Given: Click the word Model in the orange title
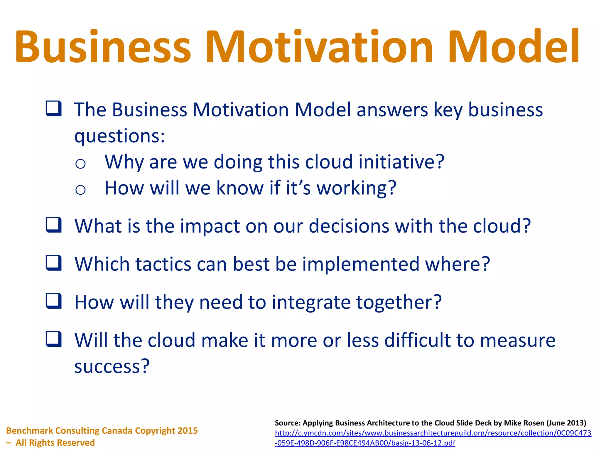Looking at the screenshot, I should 514,47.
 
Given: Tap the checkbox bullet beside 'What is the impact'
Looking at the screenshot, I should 54,225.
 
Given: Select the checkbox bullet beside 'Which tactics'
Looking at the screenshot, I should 54,263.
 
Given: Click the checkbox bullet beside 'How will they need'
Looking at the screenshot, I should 54,301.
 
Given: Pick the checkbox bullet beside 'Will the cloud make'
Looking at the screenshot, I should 54,339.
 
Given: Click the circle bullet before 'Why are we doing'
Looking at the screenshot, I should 80,164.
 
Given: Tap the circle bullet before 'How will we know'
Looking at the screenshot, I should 80,190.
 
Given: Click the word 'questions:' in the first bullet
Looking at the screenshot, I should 120,136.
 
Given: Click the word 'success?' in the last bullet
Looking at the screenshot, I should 112,366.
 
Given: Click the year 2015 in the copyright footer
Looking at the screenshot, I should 188,431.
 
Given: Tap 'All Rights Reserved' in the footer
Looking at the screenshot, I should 55,442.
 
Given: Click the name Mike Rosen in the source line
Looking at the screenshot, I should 524,423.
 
